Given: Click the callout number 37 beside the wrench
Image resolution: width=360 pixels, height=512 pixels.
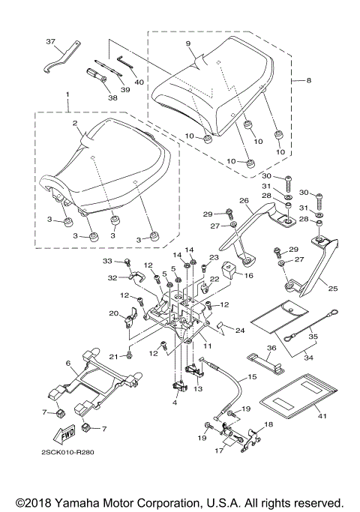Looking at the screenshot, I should (x=51, y=41).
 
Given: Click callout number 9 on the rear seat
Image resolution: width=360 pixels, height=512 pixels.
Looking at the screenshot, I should (x=190, y=43).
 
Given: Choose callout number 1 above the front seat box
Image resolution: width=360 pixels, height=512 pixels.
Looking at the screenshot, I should (x=67, y=96).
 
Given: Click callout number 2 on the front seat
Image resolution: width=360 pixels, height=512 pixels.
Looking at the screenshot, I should (x=76, y=123).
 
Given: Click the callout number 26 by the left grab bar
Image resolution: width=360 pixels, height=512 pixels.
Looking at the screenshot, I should (x=244, y=201).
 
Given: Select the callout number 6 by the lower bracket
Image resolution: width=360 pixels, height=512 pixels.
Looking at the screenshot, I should (x=67, y=363).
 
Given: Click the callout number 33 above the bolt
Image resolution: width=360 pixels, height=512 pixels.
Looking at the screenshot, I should (x=106, y=260).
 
